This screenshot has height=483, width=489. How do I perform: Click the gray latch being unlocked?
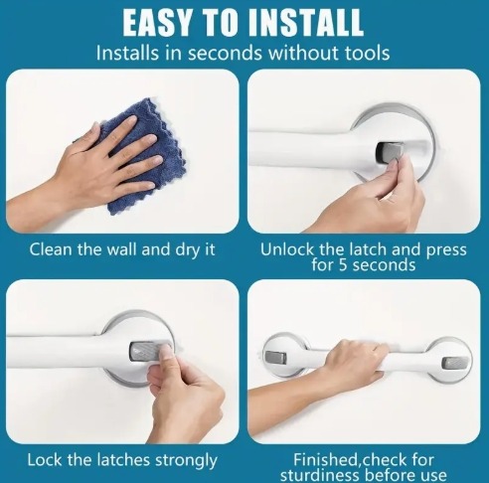pyautogui.click(x=391, y=152)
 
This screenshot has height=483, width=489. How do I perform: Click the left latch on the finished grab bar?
pyautogui.click(x=275, y=357)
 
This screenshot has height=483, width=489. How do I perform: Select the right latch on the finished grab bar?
pyautogui.click(x=451, y=364)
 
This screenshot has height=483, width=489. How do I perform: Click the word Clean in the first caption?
pyautogui.click(x=51, y=249)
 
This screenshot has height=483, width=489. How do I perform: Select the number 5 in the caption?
pyautogui.click(x=343, y=265)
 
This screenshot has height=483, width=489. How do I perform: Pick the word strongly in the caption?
pyautogui.click(x=186, y=460)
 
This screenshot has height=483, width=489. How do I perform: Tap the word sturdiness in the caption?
pyautogui.click(x=320, y=475)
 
